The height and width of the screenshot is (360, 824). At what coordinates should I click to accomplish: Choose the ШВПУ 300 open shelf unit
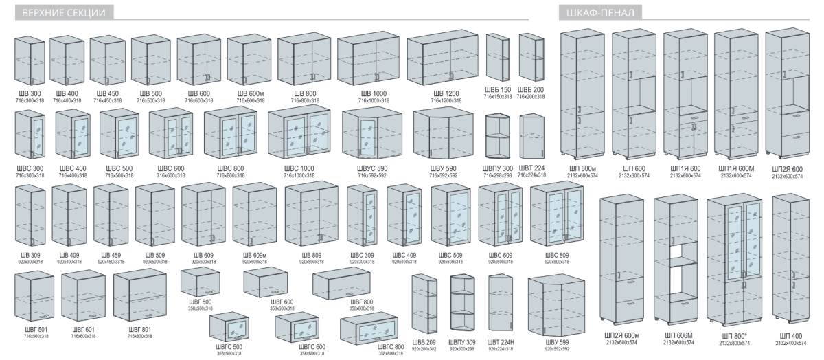[x=498, y=137]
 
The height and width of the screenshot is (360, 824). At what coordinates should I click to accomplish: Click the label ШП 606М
[x=678, y=335]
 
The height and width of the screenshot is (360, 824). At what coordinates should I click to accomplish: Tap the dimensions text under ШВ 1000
[x=373, y=100]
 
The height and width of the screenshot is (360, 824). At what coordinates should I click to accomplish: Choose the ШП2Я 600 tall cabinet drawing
[x=788, y=96]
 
